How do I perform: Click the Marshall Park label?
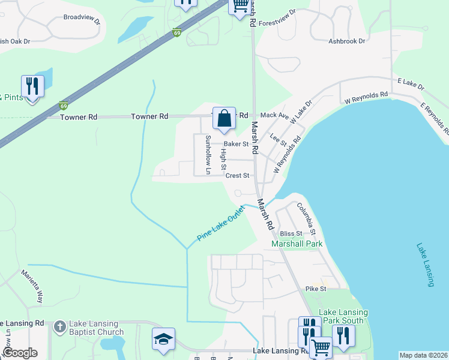(x=297, y=244)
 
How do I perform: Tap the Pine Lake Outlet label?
(x=221, y=224)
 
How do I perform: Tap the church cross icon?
(x=59, y=326)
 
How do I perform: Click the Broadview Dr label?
(x=82, y=17)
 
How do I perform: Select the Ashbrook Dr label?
(x=347, y=41)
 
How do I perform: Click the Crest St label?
(x=237, y=176)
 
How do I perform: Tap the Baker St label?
(x=236, y=144)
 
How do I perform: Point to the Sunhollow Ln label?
(x=208, y=155)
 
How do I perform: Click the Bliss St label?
(x=290, y=233)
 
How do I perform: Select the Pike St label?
(x=315, y=289)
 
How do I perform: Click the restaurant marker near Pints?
(x=32, y=87)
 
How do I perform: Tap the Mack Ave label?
(x=275, y=115)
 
